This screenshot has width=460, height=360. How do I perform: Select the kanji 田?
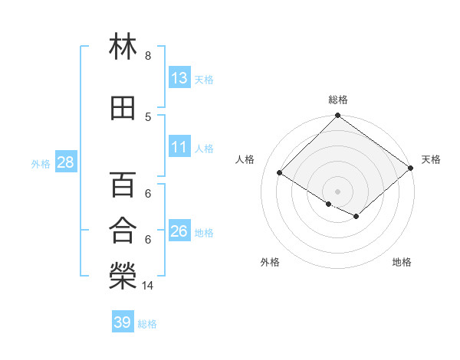coord(123,108)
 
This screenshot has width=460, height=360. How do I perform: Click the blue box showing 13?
coord(179,77)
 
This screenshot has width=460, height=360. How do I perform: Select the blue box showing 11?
coord(179,147)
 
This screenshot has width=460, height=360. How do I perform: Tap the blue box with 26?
coord(179,231)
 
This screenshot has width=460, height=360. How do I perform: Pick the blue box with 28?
coord(65,163)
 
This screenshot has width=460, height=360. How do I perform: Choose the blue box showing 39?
coord(122,322)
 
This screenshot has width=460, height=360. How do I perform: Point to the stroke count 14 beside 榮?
coord(149,286)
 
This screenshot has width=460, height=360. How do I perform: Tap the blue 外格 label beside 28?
coord(41,164)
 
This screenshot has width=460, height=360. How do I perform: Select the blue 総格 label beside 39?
coord(147,323)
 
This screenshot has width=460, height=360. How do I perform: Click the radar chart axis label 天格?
coord(431,159)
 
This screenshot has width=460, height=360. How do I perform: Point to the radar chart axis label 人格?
coord(245,159)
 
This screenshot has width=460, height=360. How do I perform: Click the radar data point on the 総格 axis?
coord(337,116)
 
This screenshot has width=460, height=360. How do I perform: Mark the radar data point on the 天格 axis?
coord(411,169)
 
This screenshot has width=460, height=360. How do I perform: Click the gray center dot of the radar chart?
coord(337,191)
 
